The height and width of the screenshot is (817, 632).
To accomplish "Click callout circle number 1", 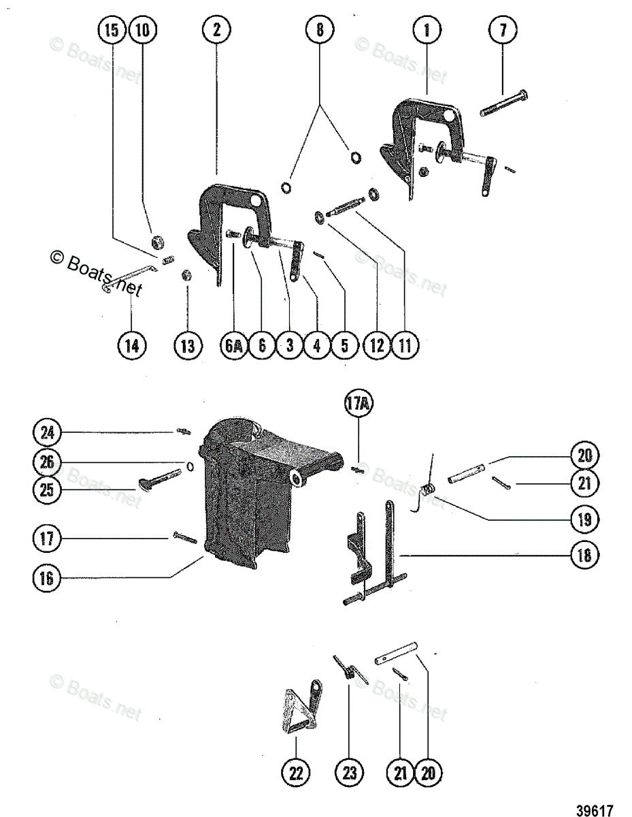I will (x=427, y=29).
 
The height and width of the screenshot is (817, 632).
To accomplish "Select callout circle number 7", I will (x=503, y=29).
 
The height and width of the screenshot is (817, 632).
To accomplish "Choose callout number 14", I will (x=132, y=345).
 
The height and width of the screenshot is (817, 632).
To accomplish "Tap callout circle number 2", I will (x=216, y=29).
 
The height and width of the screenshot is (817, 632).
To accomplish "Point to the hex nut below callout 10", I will (x=155, y=241).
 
